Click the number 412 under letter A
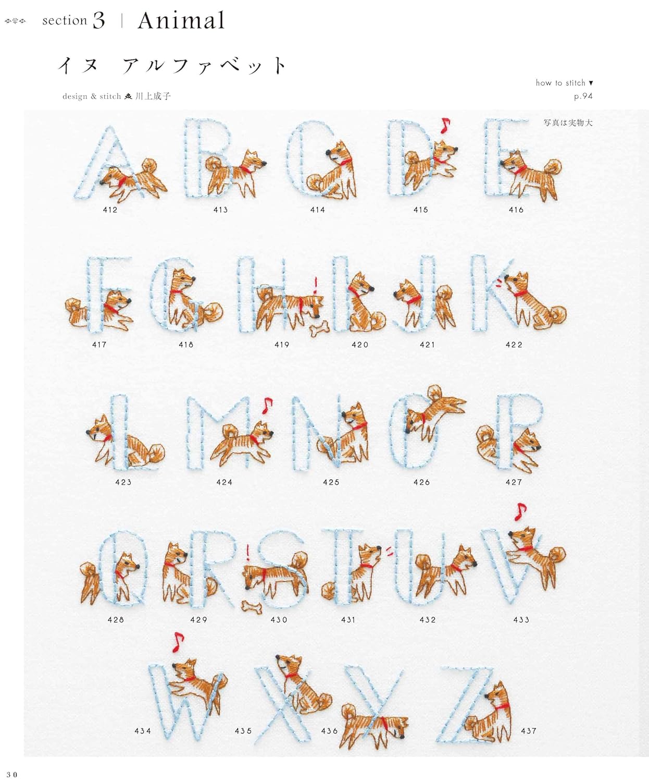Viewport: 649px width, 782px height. tap(110, 210)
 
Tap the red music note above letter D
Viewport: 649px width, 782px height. tap(445, 125)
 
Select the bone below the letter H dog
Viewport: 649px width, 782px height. tap(319, 328)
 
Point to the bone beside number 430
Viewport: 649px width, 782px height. tap(252, 607)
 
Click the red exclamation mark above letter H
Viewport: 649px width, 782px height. tap(316, 285)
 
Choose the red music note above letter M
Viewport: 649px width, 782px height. tap(267, 406)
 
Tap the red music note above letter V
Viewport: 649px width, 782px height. tap(520, 511)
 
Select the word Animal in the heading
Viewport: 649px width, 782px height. tap(181, 20)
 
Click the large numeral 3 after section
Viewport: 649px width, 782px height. tap(99, 20)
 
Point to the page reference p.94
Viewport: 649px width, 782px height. tap(583, 96)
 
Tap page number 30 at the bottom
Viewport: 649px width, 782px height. tap(11, 775)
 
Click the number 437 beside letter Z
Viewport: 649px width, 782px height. tap(529, 731)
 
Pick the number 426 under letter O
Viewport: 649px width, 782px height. tap(421, 482)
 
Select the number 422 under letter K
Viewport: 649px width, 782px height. tap(514, 345)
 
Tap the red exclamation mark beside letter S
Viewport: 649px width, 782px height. tap(247, 553)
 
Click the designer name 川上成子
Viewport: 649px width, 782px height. tap(153, 96)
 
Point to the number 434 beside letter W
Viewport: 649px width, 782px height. tap(143, 731)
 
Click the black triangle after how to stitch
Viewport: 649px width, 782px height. tap(591, 83)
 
